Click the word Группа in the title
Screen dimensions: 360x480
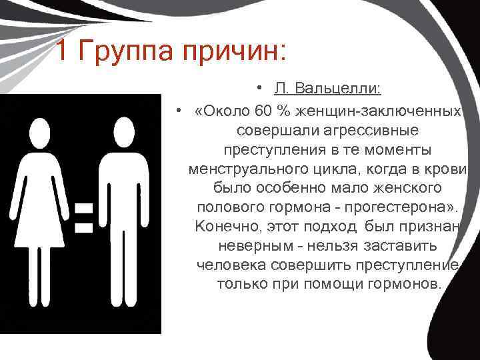coord(127,51)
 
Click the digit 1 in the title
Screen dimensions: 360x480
coord(61,51)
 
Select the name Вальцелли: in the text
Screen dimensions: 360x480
coord(349,89)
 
